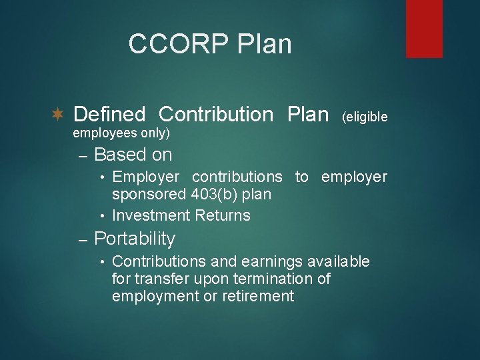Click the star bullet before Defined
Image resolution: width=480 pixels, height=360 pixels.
(58, 115)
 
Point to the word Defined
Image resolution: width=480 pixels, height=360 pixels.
(109, 115)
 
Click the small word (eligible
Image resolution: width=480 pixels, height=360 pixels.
(364, 117)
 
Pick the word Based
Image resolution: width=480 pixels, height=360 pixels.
(121, 155)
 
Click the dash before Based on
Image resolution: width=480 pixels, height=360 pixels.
(83, 156)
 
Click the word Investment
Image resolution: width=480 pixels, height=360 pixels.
(151, 215)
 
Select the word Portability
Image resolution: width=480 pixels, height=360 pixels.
(135, 239)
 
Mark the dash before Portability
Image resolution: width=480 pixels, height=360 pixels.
(83, 240)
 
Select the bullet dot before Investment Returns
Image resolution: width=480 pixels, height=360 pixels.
(103, 216)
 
